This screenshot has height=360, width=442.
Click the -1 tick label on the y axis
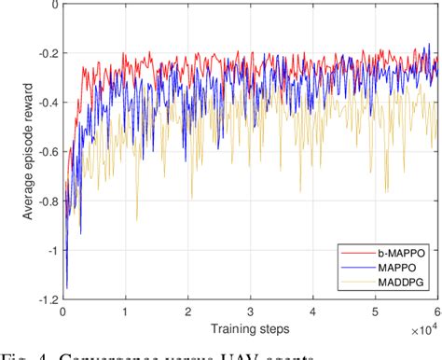pos(48,250)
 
